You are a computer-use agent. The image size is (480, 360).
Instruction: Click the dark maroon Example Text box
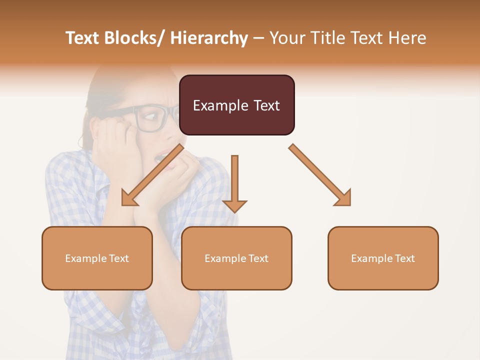point(236,105)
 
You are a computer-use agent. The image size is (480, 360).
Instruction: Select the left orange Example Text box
point(97,258)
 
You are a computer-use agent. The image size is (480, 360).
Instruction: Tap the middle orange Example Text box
point(236,258)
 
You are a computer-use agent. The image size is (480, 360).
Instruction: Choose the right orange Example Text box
point(383,258)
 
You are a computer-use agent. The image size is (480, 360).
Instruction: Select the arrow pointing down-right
point(320,175)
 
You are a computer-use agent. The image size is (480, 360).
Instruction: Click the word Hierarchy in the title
point(208,38)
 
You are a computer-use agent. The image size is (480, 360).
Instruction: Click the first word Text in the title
point(83,38)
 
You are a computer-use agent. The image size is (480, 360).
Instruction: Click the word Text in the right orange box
point(403,258)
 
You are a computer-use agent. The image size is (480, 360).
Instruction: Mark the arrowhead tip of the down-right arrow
point(349,204)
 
